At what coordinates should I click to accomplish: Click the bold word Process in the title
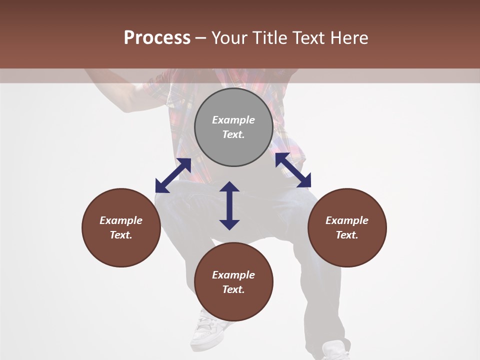coord(157,38)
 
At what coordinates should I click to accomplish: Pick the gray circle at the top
coord(233,127)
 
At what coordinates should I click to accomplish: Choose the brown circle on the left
coord(121,227)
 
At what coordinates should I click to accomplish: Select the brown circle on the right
coord(347,227)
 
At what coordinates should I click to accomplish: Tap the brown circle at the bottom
coord(233,282)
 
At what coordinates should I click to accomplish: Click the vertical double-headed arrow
coord(229,205)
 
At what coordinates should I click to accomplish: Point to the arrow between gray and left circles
coord(173,175)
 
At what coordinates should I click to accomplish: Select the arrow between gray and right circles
coord(293,170)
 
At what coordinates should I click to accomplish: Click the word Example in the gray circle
coord(233,120)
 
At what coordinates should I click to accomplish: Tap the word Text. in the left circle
coord(121,235)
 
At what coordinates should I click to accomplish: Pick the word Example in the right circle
coord(347,220)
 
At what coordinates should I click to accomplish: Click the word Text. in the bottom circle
coord(233,289)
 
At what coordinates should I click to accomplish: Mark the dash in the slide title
coord(200,38)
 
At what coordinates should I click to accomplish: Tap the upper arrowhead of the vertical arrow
coord(229,187)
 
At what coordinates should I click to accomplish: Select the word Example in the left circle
coord(121,220)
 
